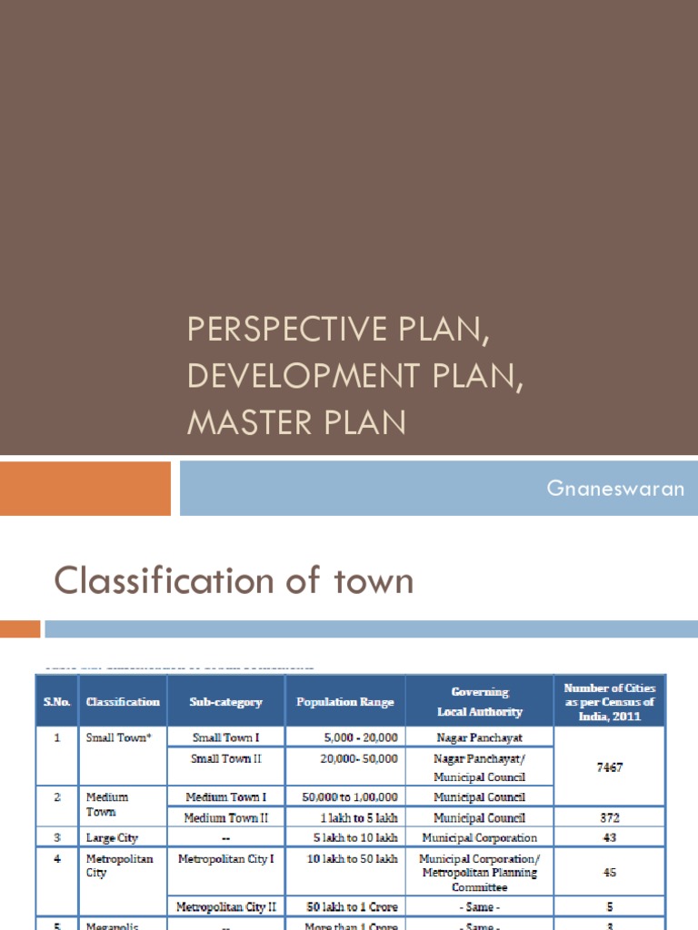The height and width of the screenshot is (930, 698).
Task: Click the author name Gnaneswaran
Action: click(614, 489)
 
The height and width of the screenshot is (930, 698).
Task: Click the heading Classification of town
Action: click(234, 580)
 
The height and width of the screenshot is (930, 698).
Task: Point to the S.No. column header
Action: click(56, 701)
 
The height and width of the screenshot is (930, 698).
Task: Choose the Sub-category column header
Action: click(225, 702)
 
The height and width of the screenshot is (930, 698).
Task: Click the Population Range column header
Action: click(345, 702)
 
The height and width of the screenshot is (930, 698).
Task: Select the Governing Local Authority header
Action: click(479, 702)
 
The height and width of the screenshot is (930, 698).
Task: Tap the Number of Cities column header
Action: click(609, 702)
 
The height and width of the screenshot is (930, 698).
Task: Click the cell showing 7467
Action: click(610, 767)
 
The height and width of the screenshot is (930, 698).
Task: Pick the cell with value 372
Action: click(610, 817)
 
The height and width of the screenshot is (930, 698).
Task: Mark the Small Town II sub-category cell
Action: click(225, 758)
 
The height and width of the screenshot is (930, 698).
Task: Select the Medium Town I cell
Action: click(225, 797)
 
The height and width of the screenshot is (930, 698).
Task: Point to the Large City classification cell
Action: click(112, 837)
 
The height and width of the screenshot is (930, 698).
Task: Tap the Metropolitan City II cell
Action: click(225, 906)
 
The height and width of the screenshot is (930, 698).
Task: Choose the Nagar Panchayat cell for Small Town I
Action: click(479, 737)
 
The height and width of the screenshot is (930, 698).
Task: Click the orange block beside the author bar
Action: click(85, 489)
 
